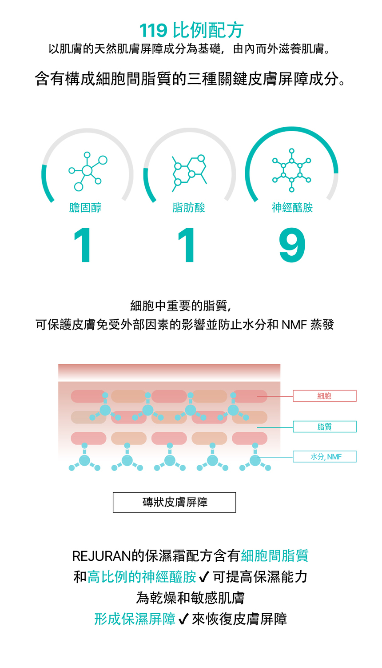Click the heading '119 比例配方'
(x=191, y=30)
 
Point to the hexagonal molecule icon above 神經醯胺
(x=291, y=170)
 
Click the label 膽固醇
(x=85, y=208)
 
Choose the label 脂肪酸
(x=189, y=208)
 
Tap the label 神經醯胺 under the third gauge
(x=292, y=208)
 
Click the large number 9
(x=292, y=245)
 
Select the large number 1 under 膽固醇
(x=83, y=245)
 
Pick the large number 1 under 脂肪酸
(x=187, y=245)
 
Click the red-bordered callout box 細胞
(x=324, y=396)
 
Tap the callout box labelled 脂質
(x=324, y=427)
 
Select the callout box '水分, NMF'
(x=324, y=457)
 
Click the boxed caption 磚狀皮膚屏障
(x=175, y=503)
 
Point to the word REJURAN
(x=102, y=556)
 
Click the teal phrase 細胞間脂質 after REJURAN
(x=275, y=556)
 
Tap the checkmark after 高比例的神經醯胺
(x=204, y=577)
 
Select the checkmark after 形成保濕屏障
(x=183, y=619)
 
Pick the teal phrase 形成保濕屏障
(x=135, y=619)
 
